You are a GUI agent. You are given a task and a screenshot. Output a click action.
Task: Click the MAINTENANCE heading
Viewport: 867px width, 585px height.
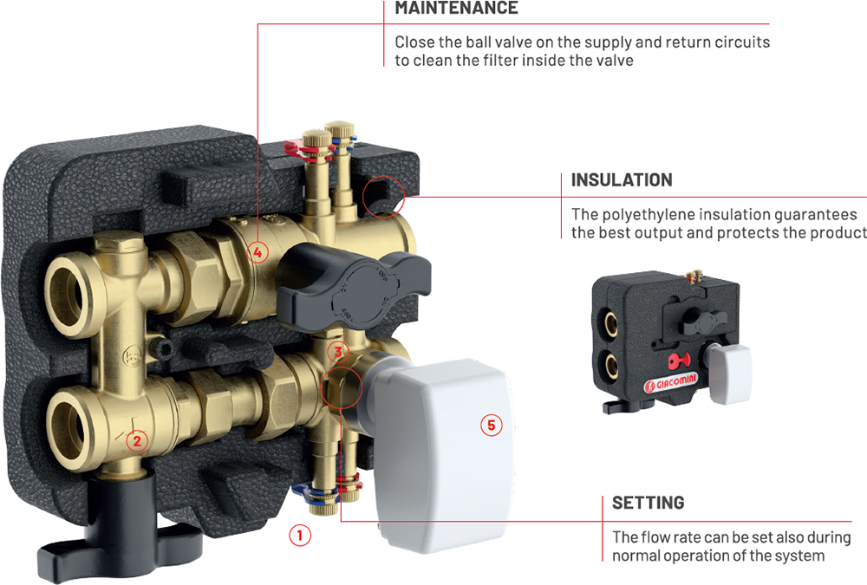pyautogui.click(x=456, y=8)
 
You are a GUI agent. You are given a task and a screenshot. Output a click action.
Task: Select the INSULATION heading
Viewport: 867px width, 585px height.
pyautogui.click(x=622, y=179)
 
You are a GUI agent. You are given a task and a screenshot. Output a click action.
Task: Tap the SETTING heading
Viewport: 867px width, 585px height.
pyautogui.click(x=648, y=503)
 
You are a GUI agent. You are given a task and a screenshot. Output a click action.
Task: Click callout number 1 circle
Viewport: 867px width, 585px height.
pyautogui.click(x=300, y=536)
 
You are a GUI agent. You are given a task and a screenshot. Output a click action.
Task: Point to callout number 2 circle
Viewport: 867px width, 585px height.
pyautogui.click(x=137, y=440)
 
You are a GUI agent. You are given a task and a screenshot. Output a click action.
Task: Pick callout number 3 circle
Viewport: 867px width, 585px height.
pyautogui.click(x=338, y=351)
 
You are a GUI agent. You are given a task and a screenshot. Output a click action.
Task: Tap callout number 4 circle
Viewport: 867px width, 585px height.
pyautogui.click(x=257, y=253)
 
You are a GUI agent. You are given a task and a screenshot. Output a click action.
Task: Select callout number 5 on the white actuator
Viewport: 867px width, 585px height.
pyautogui.click(x=491, y=426)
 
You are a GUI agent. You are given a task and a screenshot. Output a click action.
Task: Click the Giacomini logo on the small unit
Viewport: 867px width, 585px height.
pyautogui.click(x=671, y=382)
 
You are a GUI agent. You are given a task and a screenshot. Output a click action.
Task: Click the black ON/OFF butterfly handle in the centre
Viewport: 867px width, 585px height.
pyautogui.click(x=352, y=285)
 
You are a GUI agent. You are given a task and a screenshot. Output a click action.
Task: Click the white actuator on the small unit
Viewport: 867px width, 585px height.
pyautogui.click(x=729, y=373)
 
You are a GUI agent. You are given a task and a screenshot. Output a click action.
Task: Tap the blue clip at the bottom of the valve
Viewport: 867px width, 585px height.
pyautogui.click(x=302, y=490)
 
